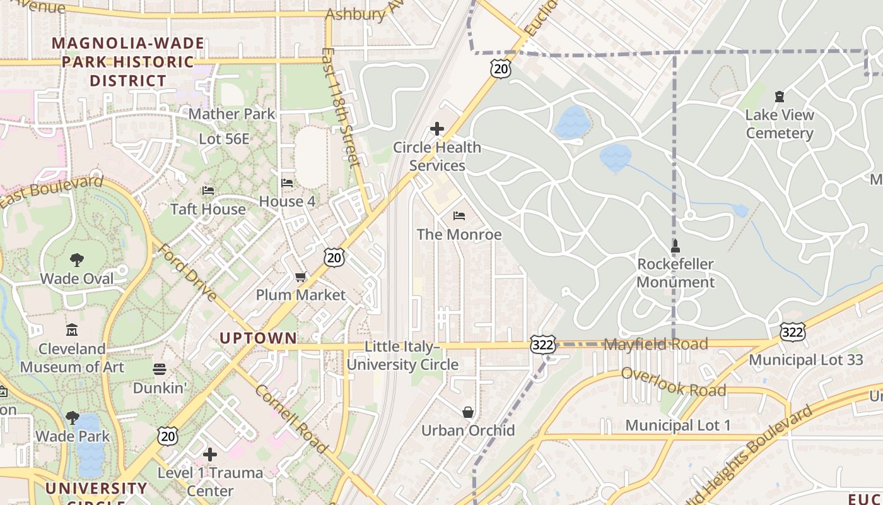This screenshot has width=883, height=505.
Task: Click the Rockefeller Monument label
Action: [x=675, y=273]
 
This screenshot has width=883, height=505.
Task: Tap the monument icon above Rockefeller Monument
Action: [x=675, y=246]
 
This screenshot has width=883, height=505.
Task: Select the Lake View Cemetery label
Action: [x=780, y=124]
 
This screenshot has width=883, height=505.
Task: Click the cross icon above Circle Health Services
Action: [x=436, y=129]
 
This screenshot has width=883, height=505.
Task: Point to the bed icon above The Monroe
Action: [x=459, y=216]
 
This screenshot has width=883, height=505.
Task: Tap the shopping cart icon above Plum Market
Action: [x=301, y=277]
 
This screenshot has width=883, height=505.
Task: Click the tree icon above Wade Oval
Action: [x=77, y=259]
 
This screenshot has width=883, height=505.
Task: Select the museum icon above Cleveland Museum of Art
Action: [x=72, y=330]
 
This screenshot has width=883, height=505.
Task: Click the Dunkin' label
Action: [x=160, y=388]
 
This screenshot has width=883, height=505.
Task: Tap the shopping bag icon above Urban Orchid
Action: [x=468, y=412]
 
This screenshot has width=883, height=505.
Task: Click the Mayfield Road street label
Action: [x=656, y=345]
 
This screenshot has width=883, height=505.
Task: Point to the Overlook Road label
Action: [x=673, y=381]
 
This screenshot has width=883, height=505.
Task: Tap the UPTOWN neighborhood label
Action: [x=258, y=338]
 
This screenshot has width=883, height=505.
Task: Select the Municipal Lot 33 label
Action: [x=805, y=360]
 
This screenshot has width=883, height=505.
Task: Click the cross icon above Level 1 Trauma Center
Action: [x=210, y=454]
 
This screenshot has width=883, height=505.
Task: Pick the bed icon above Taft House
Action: [x=208, y=191]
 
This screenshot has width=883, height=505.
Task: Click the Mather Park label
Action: [x=232, y=114]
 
